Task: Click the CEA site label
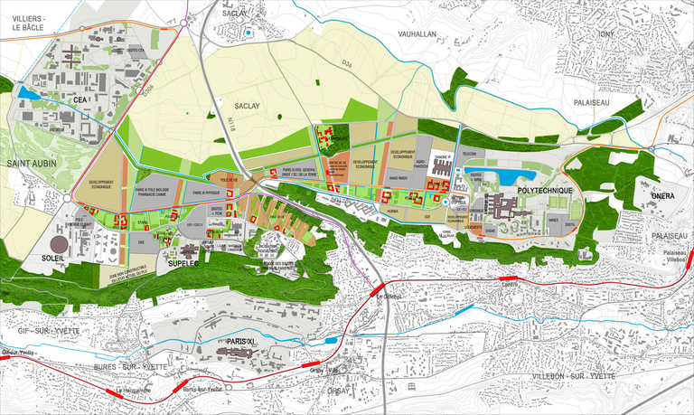point(80,99)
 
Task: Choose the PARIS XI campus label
point(244,342)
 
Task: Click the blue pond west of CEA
point(27,93)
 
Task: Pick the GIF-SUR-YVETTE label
point(41,332)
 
